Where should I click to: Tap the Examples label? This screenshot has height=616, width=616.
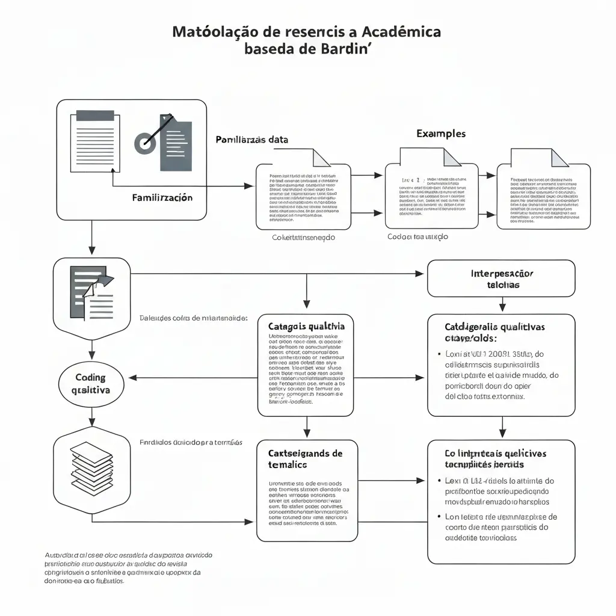(x=440, y=134)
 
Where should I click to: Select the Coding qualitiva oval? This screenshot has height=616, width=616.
(x=90, y=384)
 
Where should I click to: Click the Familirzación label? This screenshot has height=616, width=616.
(x=162, y=197)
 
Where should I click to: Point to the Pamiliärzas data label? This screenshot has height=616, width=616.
(x=251, y=140)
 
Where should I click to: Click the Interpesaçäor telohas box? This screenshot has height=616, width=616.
(x=500, y=279)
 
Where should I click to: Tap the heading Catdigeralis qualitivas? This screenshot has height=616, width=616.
(x=494, y=333)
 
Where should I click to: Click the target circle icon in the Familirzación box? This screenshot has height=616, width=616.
(x=144, y=143)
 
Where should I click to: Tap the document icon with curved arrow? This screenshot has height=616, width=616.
(x=91, y=292)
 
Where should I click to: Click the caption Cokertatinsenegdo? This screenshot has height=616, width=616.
(x=303, y=238)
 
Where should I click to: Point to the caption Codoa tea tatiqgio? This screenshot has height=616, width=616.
(x=417, y=237)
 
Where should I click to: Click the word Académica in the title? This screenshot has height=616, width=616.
(x=399, y=31)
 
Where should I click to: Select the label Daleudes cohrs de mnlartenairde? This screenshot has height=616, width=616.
(x=193, y=318)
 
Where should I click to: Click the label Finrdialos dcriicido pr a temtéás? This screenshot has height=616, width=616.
(x=191, y=442)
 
